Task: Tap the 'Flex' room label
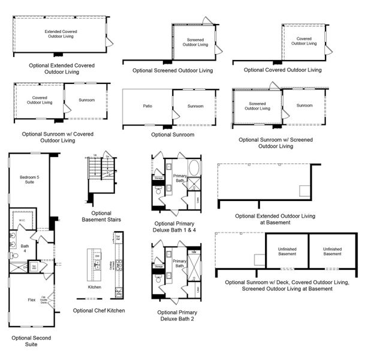[x=32, y=299]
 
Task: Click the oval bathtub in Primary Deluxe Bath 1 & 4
[x=195, y=167]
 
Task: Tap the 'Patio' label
[x=147, y=106]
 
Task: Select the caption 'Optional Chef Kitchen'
[x=99, y=310]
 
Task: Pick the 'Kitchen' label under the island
[x=94, y=287]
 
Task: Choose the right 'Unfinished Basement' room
[x=332, y=251]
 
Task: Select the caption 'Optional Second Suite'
[x=31, y=341]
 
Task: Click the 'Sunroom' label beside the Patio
[x=195, y=106]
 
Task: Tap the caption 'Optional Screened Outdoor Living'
[x=173, y=70]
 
